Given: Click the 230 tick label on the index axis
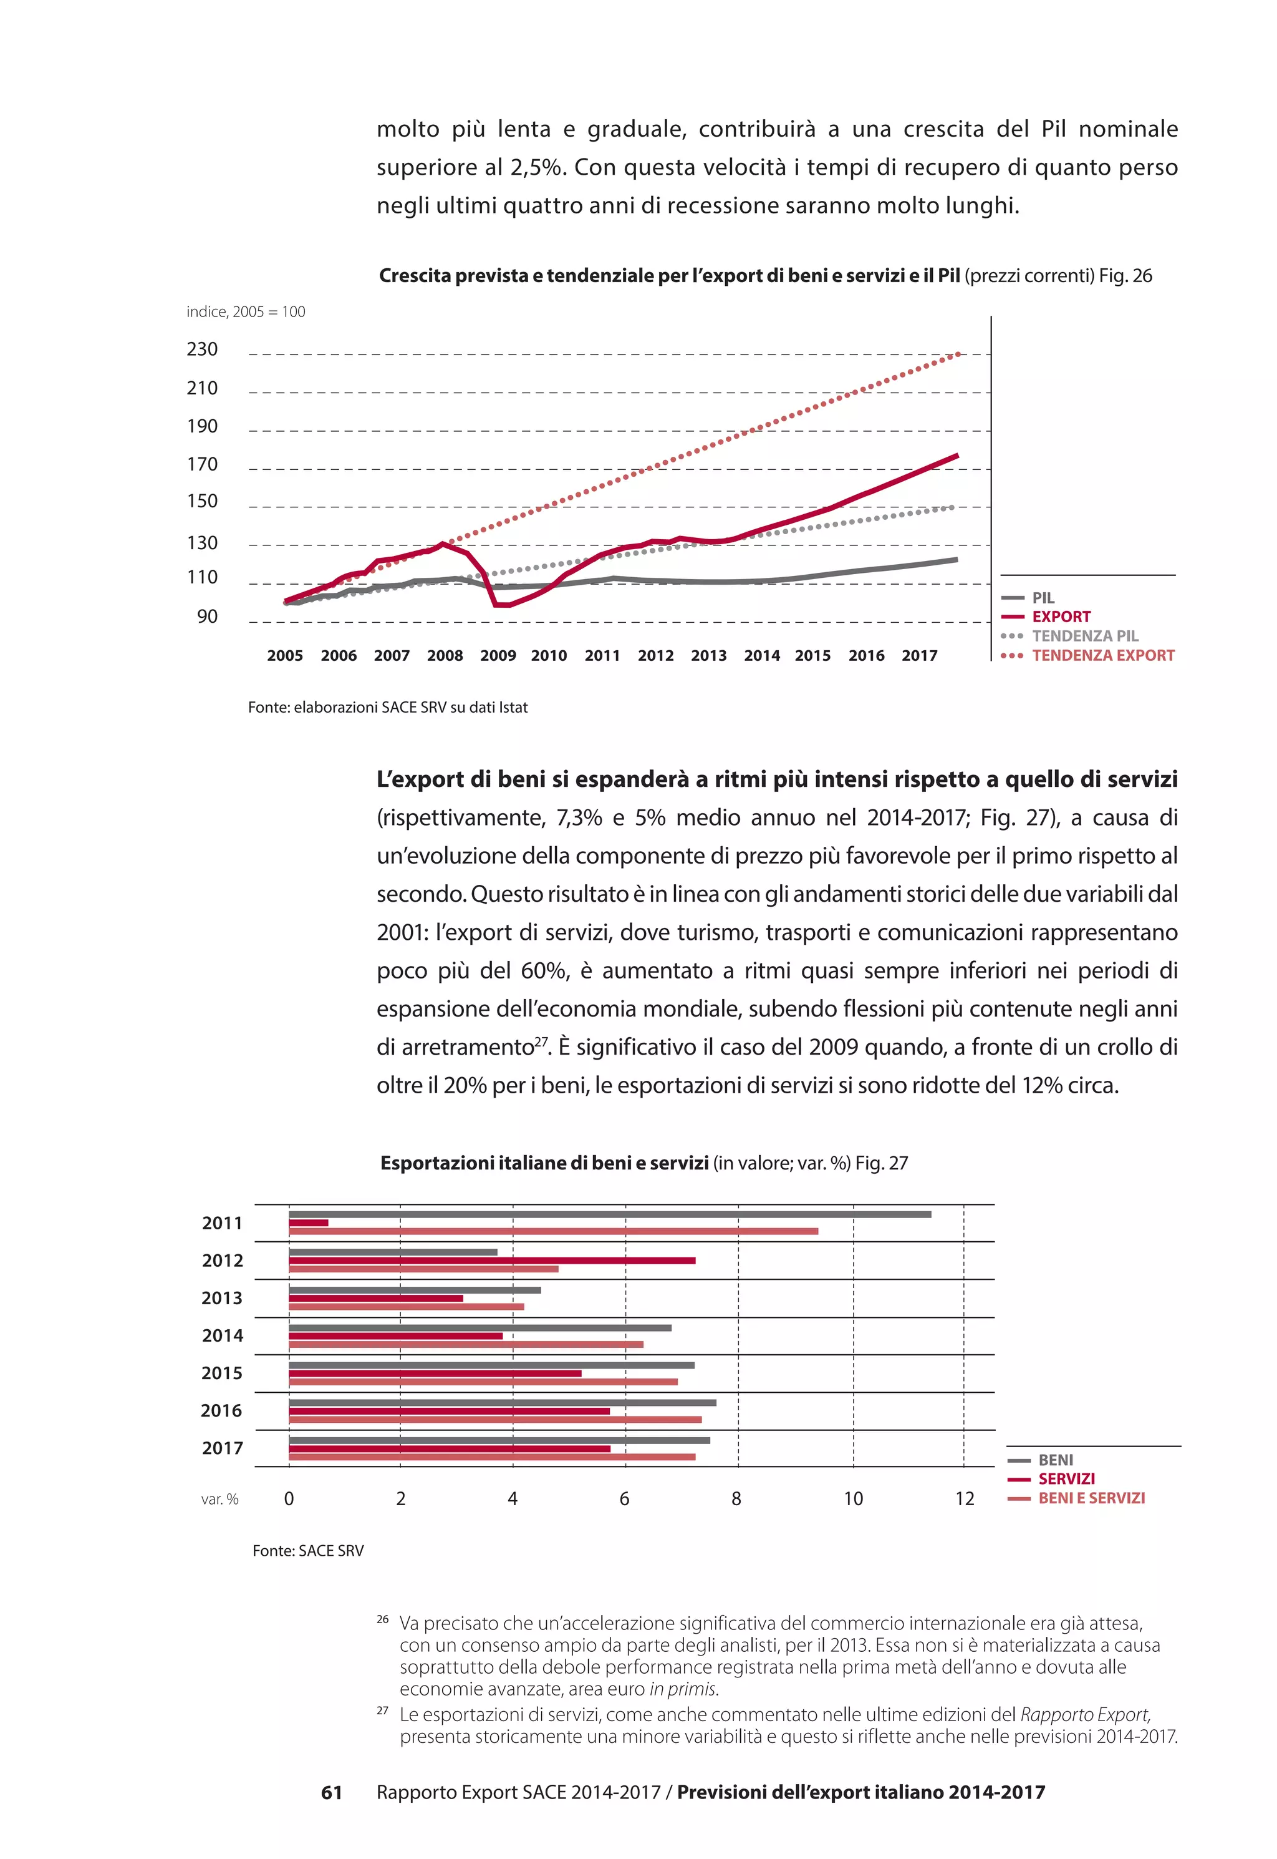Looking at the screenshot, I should coord(203,349).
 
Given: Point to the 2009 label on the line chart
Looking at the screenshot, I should coord(498,656).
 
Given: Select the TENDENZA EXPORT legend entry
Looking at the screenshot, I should coord(1102,656).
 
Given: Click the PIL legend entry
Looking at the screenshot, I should coord(1043,598).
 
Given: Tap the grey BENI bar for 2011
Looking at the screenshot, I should coord(610,1214).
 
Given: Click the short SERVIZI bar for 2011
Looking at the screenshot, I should coord(309,1223).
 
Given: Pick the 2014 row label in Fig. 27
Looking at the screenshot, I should coord(223,1335).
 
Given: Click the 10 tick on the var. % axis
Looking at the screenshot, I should coord(853,1499).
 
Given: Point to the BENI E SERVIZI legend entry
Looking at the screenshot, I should coord(1091,1498).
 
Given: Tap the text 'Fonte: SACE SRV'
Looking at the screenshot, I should coord(308,1551).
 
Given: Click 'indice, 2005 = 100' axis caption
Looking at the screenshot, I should coord(246,312).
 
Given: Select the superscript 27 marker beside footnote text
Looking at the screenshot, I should coord(382,1711).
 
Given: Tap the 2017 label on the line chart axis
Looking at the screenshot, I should coord(919,656).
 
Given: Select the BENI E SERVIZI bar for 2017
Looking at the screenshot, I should coord(492,1457).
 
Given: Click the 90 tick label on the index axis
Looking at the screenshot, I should coord(207,617).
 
